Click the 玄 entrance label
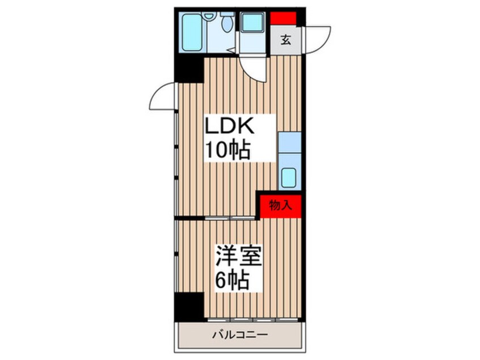pos(287,40)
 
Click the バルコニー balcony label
pos(241,334)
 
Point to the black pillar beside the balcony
pos(188,307)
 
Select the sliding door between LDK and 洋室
pos(229,218)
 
